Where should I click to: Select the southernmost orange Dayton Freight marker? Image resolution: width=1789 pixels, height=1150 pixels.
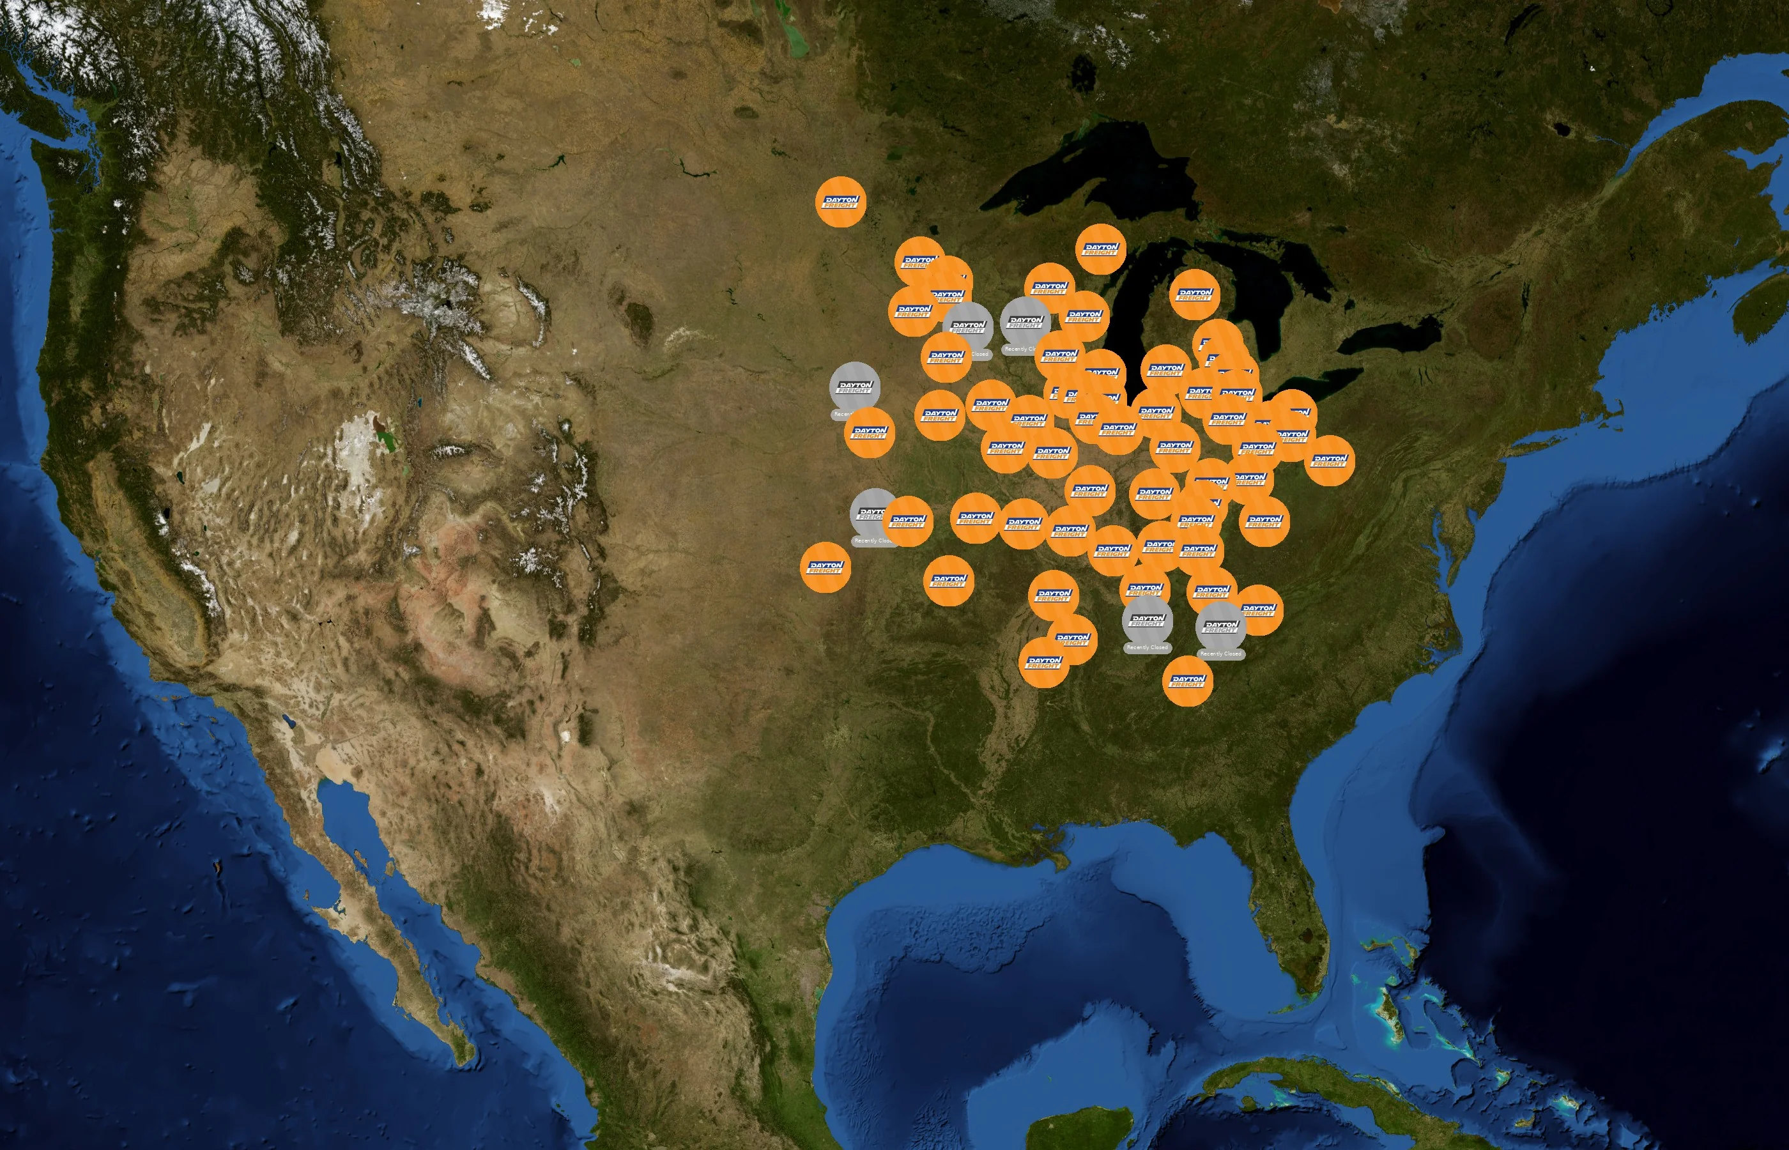coord(1187,680)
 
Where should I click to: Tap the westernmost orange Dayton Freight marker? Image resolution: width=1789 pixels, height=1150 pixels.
coord(825,567)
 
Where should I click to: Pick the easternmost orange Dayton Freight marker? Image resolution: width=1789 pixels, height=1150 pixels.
coord(1330,460)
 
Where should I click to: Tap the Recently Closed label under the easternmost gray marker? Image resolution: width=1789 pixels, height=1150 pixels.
coord(1221,654)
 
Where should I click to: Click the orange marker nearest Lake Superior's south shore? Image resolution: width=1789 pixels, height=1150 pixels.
coord(1101,249)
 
